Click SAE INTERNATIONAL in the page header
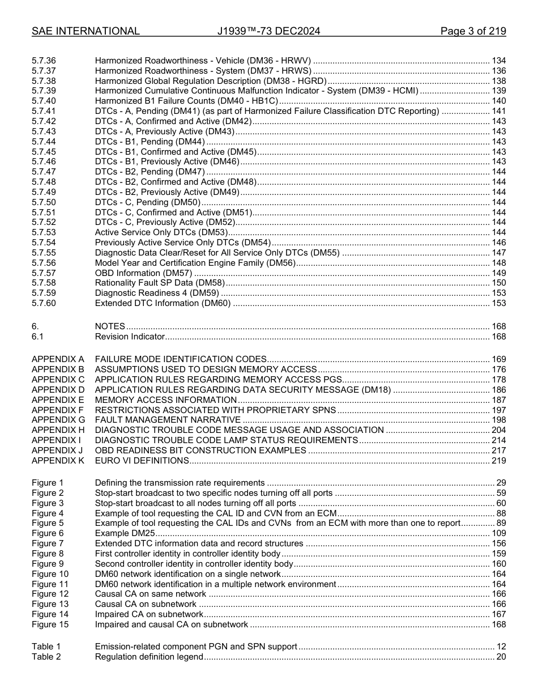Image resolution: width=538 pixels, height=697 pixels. tap(86, 31)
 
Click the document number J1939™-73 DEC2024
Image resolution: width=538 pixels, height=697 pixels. tap(268, 31)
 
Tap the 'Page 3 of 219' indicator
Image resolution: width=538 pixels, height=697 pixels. tap(473, 31)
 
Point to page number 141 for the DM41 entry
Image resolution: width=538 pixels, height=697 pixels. tap(498, 111)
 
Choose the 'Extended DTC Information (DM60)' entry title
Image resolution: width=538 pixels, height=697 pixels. tap(163, 303)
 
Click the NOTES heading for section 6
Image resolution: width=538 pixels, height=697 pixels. tap(110, 326)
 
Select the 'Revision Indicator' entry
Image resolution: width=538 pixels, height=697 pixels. tap(130, 337)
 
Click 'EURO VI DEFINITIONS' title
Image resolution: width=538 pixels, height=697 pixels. tap(142, 461)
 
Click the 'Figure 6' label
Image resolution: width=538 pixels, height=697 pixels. tap(48, 533)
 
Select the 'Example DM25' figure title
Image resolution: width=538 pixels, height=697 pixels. tap(125, 533)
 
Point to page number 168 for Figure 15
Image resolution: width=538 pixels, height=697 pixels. tap(498, 624)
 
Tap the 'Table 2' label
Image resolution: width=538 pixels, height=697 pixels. tap(46, 657)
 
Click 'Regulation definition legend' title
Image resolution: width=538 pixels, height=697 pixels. tap(149, 657)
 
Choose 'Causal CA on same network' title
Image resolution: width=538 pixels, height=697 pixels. tap(151, 594)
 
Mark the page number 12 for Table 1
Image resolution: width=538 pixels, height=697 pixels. tap(501, 647)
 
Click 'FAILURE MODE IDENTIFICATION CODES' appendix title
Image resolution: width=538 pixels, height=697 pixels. tap(181, 359)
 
